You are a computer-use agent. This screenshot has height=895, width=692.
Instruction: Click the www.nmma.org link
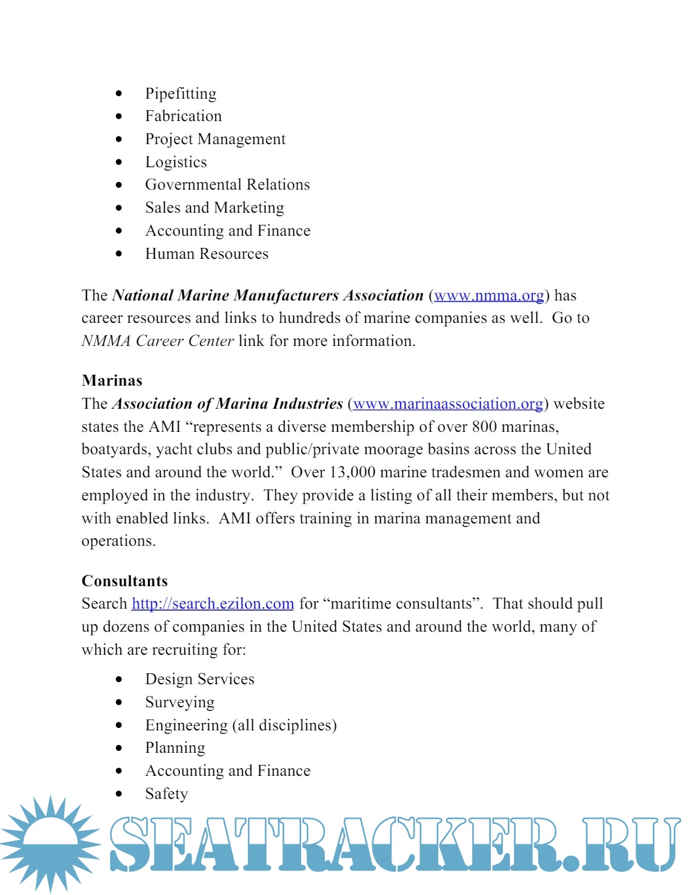pyautogui.click(x=489, y=295)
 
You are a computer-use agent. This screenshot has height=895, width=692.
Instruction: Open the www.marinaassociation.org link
pyautogui.click(x=448, y=404)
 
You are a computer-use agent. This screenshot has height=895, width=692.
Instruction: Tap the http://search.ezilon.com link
pyautogui.click(x=213, y=604)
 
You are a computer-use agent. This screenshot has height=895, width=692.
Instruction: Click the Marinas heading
pyautogui.click(x=112, y=381)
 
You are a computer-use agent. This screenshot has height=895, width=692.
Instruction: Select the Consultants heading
pyautogui.click(x=125, y=581)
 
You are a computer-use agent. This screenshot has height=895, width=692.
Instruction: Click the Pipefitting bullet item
pyautogui.click(x=181, y=94)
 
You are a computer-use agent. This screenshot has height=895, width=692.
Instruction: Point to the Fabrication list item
pyautogui.click(x=183, y=116)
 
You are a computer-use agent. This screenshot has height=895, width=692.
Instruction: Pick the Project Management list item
pyautogui.click(x=215, y=139)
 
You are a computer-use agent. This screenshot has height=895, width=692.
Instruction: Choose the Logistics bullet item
pyautogui.click(x=176, y=162)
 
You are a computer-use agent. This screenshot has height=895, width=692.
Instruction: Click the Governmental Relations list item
pyautogui.click(x=227, y=185)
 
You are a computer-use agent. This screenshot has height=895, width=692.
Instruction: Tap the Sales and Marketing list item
pyautogui.click(x=215, y=208)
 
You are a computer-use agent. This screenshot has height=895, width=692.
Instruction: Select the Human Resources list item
pyautogui.click(x=207, y=254)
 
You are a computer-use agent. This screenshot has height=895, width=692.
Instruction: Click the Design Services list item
pyautogui.click(x=200, y=679)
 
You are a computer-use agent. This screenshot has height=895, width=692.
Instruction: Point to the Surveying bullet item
pyautogui.click(x=180, y=702)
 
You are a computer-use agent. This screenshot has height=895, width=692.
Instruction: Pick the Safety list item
pyautogui.click(x=167, y=794)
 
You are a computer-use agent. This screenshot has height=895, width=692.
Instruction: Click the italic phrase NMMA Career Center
pyautogui.click(x=158, y=341)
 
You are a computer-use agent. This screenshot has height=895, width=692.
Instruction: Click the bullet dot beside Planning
pyautogui.click(x=119, y=748)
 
